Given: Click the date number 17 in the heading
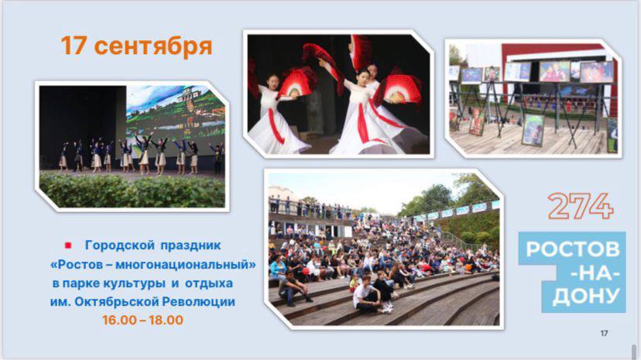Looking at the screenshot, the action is click(74, 46).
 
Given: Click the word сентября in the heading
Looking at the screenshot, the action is click(153, 46).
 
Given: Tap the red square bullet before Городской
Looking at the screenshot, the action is click(68, 245).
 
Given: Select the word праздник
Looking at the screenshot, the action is click(190, 245).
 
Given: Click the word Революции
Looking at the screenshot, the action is click(199, 302).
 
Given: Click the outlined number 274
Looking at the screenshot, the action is click(581, 207).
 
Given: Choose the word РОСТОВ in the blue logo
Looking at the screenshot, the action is click(573, 249).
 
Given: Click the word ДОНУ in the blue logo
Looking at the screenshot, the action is click(586, 297).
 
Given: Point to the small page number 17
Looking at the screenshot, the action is click(604, 334).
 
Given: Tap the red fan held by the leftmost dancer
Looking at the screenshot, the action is click(297, 83).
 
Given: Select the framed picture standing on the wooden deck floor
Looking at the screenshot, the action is click(533, 130).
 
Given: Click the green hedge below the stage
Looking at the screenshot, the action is click(132, 190).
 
